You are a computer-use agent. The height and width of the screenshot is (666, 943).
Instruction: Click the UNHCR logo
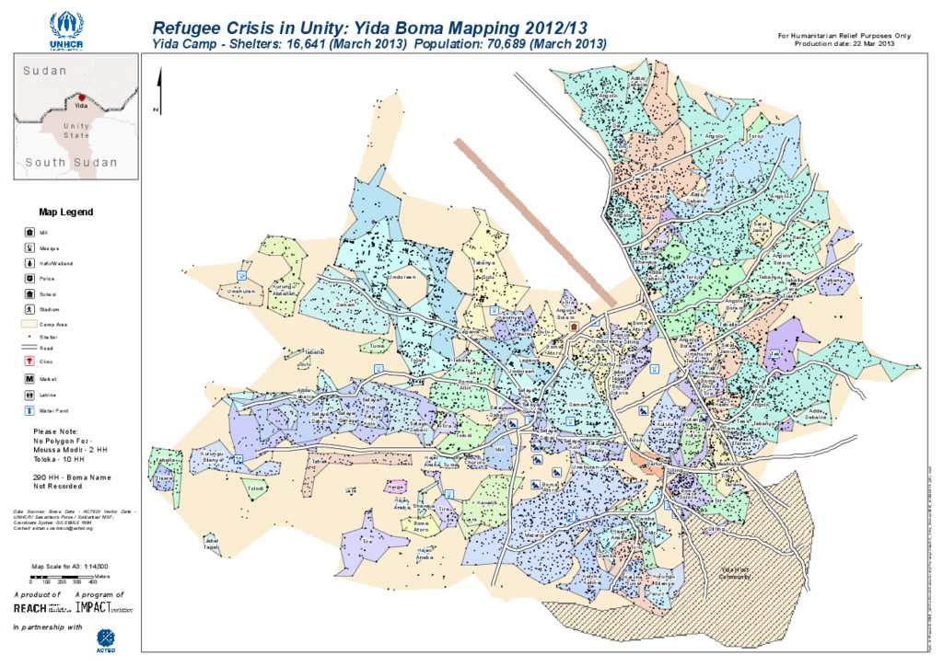(x=66, y=30)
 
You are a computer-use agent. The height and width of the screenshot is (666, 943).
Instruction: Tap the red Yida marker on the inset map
(x=81, y=98)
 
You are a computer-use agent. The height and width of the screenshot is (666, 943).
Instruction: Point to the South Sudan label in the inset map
(x=71, y=163)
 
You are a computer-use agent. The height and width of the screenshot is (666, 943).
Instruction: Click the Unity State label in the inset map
(x=77, y=130)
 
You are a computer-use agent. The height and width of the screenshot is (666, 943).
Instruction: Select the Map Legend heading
(x=65, y=212)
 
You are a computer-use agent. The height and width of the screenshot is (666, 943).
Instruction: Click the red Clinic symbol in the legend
(x=29, y=361)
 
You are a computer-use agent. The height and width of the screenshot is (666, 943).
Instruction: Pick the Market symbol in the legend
(x=29, y=378)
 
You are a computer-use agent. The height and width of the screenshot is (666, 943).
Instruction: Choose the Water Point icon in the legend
(x=29, y=410)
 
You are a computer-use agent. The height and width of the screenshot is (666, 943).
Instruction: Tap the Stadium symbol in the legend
(x=29, y=310)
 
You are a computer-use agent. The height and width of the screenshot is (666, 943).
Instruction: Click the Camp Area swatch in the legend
(x=29, y=325)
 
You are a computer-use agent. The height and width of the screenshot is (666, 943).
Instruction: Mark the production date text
(x=844, y=43)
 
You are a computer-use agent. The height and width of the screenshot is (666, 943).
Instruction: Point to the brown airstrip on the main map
(x=534, y=221)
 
